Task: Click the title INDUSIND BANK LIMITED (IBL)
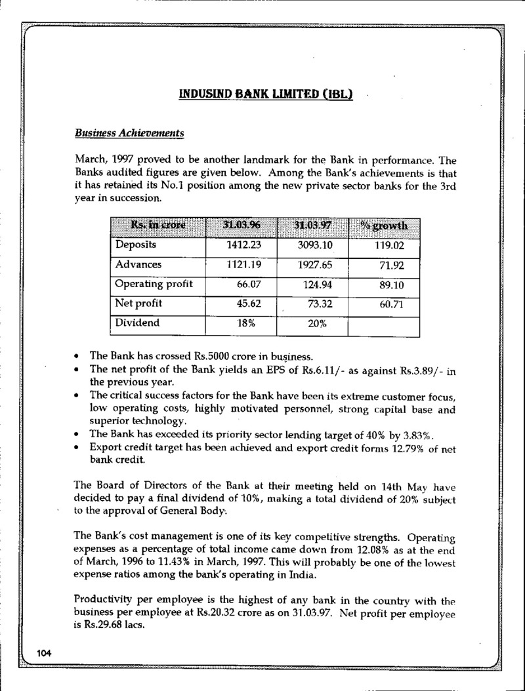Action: (x=266, y=94)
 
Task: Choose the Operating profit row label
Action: (x=154, y=285)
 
